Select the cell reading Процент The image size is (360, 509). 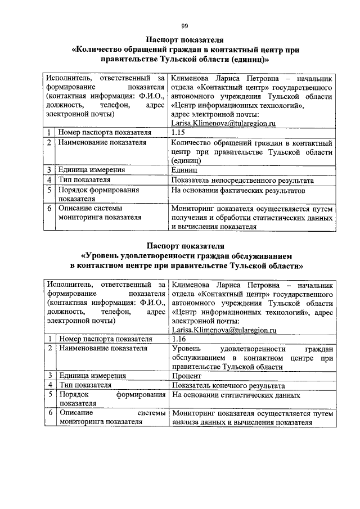pos(186,376)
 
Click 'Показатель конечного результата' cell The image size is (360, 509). pos(228,386)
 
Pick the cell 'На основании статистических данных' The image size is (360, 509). pos(236,396)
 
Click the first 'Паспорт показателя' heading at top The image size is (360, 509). pos(184,40)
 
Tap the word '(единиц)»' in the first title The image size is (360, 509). pos(250,58)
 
